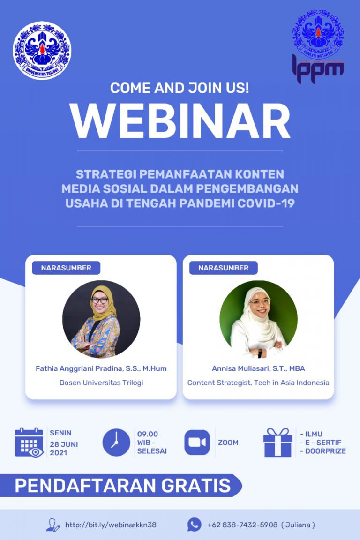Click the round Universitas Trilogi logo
click(x=42, y=51)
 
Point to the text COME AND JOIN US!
click(x=180, y=87)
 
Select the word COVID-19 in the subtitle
click(x=266, y=204)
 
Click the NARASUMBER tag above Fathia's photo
click(x=66, y=268)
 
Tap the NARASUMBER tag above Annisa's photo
click(x=224, y=268)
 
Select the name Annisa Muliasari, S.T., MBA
click(x=258, y=368)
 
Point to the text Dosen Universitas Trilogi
click(x=101, y=382)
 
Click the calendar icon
click(x=29, y=442)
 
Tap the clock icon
click(x=116, y=442)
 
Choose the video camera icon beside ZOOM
click(x=197, y=442)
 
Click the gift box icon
click(x=277, y=442)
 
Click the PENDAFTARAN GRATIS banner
click(x=123, y=486)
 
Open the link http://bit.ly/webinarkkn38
click(x=111, y=525)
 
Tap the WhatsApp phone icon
click(x=194, y=525)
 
